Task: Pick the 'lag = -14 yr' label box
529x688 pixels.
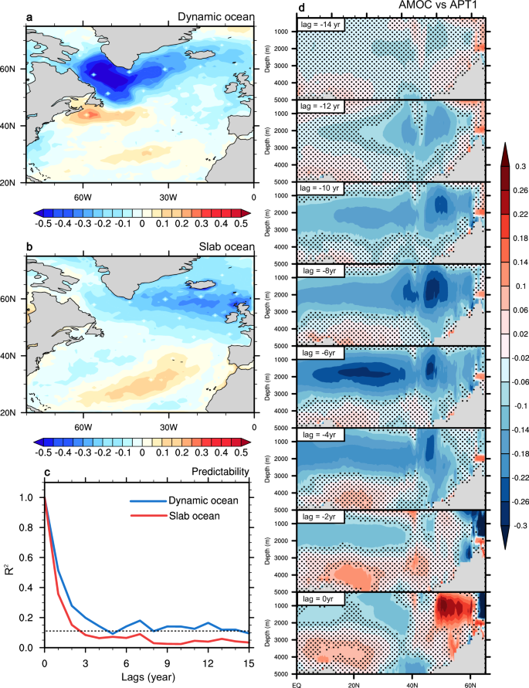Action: tap(322, 25)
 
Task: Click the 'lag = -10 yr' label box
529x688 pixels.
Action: tap(322, 188)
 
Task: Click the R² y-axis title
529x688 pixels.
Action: tap(8, 573)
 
